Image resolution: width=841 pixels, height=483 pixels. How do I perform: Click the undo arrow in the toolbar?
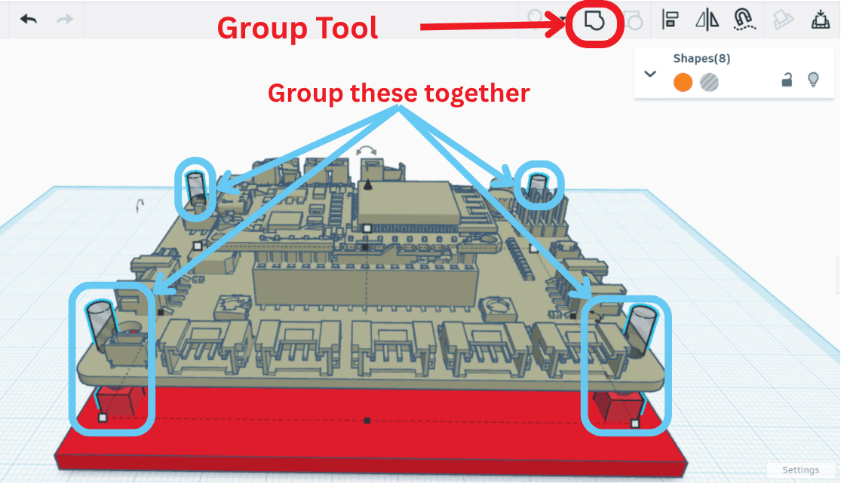coord(29,19)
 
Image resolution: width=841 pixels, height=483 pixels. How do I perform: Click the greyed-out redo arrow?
coord(65,19)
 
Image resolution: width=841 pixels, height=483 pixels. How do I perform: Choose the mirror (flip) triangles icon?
coord(707,20)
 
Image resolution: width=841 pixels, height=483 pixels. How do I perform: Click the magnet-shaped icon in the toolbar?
coord(744,20)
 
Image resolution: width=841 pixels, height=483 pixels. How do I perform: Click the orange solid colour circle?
coord(683,82)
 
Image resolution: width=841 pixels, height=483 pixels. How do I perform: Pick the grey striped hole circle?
coord(709,82)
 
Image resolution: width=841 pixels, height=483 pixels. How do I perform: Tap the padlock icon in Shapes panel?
coord(786,80)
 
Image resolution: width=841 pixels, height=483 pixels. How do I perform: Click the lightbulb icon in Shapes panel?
coord(813,80)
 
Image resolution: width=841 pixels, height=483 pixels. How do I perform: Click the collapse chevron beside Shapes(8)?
coord(650,74)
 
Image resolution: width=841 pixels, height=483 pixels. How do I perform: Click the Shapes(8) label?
coord(701,59)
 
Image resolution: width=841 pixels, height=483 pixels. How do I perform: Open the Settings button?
coord(800,470)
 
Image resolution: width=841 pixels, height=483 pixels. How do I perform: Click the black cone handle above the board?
coord(368,184)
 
